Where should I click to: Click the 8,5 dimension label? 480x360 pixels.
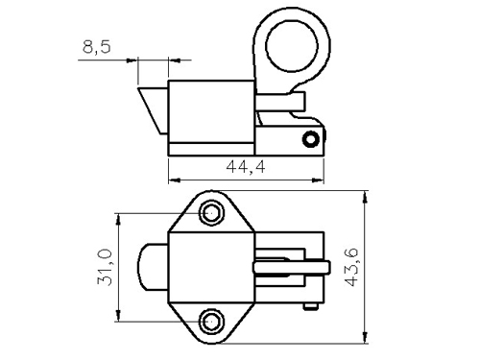(x=97, y=47)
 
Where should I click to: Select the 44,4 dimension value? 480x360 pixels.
(x=246, y=167)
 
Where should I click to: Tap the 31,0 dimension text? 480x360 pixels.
(x=105, y=267)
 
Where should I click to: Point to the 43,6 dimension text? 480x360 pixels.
(x=351, y=267)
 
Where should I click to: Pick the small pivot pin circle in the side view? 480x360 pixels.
(x=310, y=139)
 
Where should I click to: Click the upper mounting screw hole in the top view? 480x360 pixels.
(x=211, y=213)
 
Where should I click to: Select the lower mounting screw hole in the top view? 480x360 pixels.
(x=211, y=322)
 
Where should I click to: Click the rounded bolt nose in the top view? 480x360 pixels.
(x=153, y=267)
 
